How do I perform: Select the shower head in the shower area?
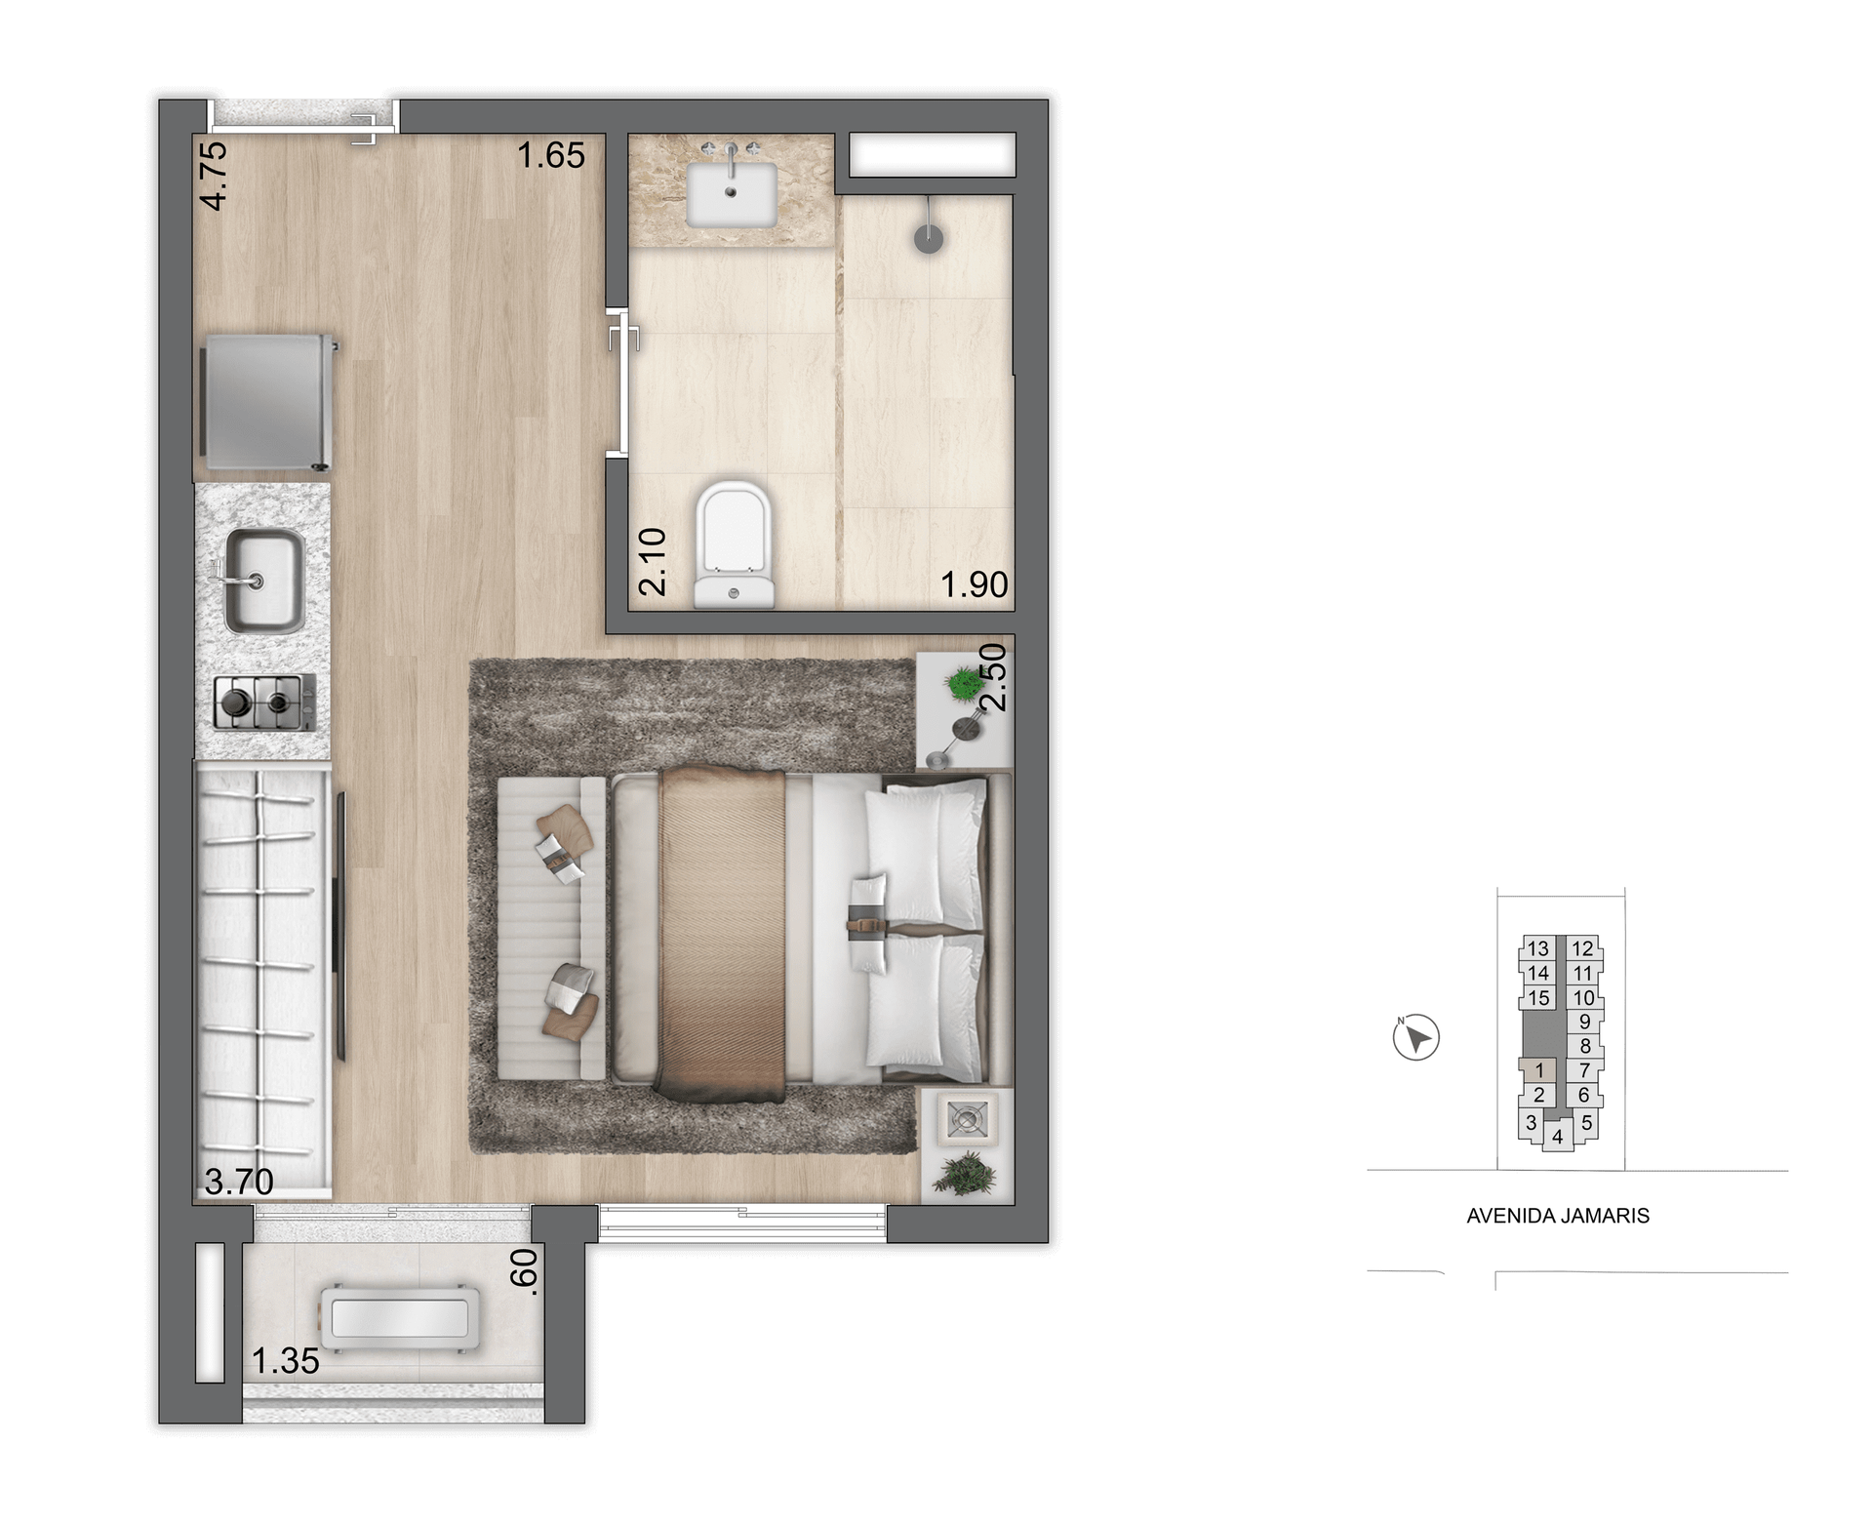[929, 237]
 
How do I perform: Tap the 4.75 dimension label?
[214, 176]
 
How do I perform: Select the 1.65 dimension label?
[551, 155]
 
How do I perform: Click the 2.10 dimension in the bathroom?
[652, 561]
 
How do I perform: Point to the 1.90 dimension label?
[974, 584]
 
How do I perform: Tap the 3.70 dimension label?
[239, 1182]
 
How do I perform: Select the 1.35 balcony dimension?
[286, 1361]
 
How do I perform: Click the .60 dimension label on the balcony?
[524, 1272]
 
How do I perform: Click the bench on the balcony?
[401, 1318]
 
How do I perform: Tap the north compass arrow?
[1416, 1037]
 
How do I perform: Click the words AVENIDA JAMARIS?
[1558, 1216]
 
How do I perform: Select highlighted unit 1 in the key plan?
[1539, 1070]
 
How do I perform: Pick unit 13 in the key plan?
[1538, 948]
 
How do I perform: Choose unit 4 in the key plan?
[1557, 1137]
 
